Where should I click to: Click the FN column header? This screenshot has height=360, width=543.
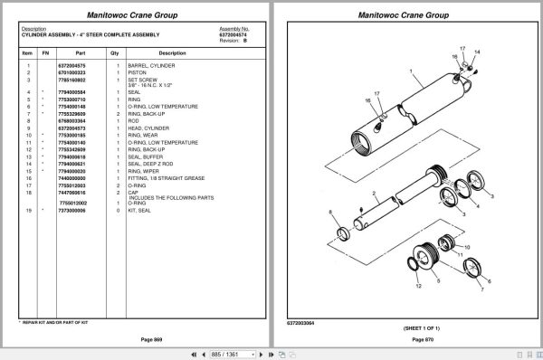pyautogui.click(x=45, y=53)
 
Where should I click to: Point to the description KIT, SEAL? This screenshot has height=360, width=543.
pyautogui.click(x=147, y=210)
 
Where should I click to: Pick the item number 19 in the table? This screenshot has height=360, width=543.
pyautogui.click(x=28, y=210)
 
